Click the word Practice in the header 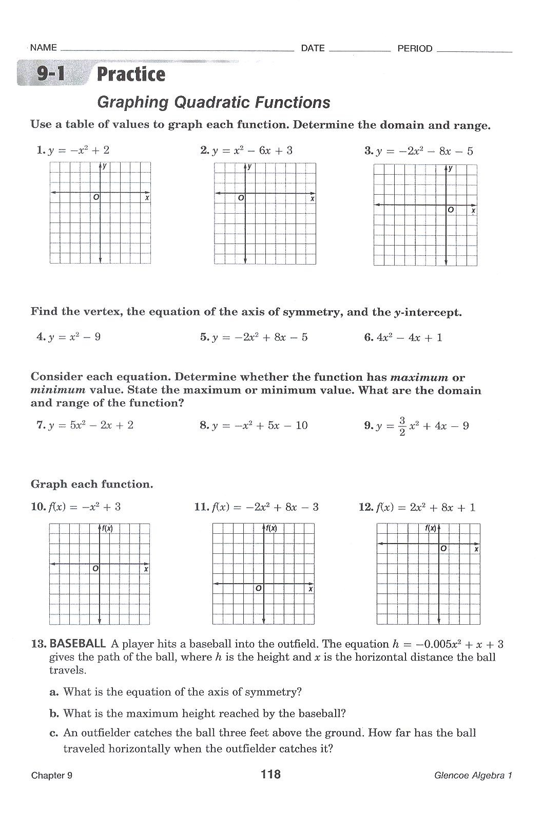tap(131, 74)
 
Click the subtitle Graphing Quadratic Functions tap(214, 102)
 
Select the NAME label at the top tap(43, 48)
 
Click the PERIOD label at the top tap(415, 49)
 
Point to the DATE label tap(313, 48)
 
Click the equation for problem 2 tap(251, 151)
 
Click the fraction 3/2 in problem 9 tap(402, 426)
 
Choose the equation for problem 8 tap(259, 425)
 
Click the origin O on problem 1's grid tap(95, 197)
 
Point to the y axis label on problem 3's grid tap(451, 168)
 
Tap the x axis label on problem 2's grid tap(312, 199)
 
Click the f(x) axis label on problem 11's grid tap(270, 528)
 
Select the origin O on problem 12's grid tap(443, 549)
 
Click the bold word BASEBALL tap(78, 644)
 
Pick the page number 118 tap(270, 774)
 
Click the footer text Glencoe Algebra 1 tap(473, 776)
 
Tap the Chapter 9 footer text tap(51, 776)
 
